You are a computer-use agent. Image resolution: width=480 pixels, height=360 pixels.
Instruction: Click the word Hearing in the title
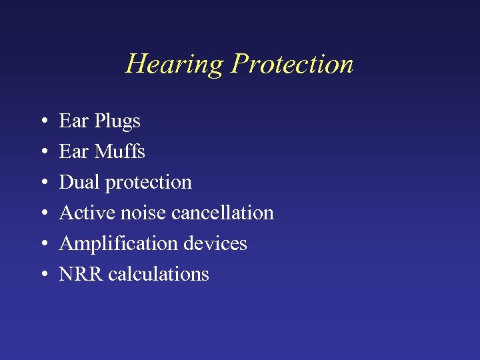[x=175, y=65]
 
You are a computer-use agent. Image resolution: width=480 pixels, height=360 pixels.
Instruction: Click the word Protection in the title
[x=292, y=64]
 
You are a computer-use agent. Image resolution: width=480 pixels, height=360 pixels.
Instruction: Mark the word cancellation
[x=223, y=213]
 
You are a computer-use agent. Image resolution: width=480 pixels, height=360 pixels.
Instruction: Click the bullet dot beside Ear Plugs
[x=43, y=122]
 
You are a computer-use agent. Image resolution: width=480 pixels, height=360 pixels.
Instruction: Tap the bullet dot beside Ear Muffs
[x=43, y=153]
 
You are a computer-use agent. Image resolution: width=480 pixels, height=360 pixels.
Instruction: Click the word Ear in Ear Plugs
[x=74, y=121]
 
